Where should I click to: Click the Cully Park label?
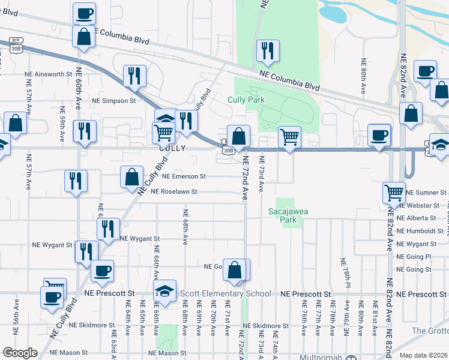(246, 100)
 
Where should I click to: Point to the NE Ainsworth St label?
(48, 74)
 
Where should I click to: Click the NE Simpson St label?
(114, 101)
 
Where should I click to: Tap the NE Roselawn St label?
(179, 192)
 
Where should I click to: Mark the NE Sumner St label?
(426, 193)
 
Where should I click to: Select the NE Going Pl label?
(414, 257)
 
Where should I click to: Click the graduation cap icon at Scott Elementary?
(164, 292)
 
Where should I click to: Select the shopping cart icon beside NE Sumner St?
(394, 193)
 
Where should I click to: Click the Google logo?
(20, 353)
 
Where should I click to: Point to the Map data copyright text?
(422, 355)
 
